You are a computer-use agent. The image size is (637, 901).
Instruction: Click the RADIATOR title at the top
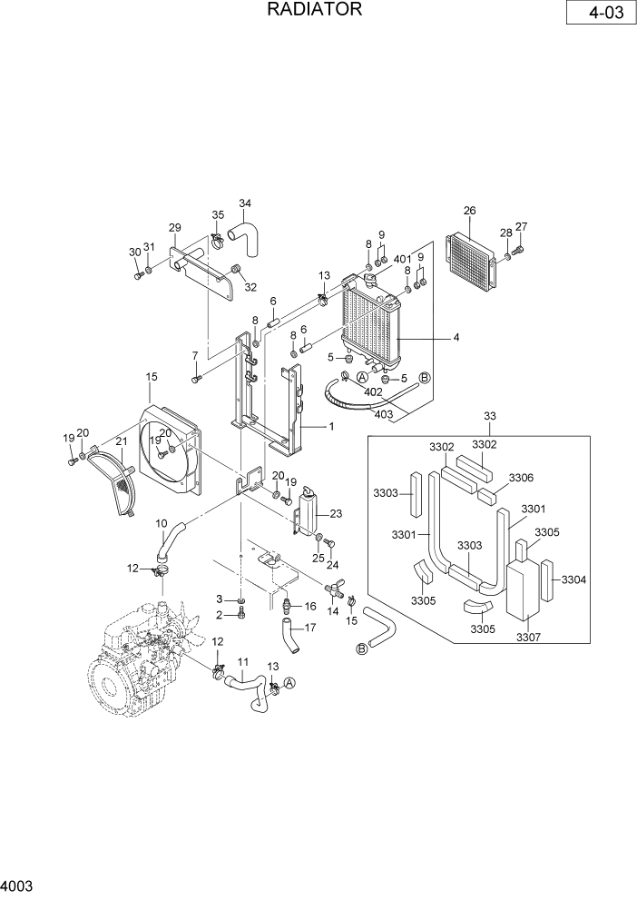(x=315, y=10)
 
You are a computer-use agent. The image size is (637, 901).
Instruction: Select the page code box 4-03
(x=598, y=15)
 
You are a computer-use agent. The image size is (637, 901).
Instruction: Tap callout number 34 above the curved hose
(x=245, y=203)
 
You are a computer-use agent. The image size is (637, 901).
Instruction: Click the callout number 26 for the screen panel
(x=469, y=212)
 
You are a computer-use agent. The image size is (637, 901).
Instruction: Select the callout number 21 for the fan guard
(x=121, y=441)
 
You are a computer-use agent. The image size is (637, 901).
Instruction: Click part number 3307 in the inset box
(x=528, y=637)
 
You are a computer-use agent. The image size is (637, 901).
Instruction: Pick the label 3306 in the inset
(x=521, y=478)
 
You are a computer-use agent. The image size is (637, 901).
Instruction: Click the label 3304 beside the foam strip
(x=573, y=579)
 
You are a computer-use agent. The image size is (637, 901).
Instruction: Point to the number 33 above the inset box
(x=489, y=416)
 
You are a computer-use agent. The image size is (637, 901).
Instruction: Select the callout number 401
(x=404, y=259)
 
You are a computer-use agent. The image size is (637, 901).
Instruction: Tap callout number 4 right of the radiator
(x=456, y=337)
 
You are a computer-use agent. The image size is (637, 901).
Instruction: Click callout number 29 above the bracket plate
(x=175, y=228)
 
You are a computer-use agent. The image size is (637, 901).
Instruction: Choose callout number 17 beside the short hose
(x=309, y=627)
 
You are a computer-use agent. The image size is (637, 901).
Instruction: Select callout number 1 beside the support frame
(x=331, y=426)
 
